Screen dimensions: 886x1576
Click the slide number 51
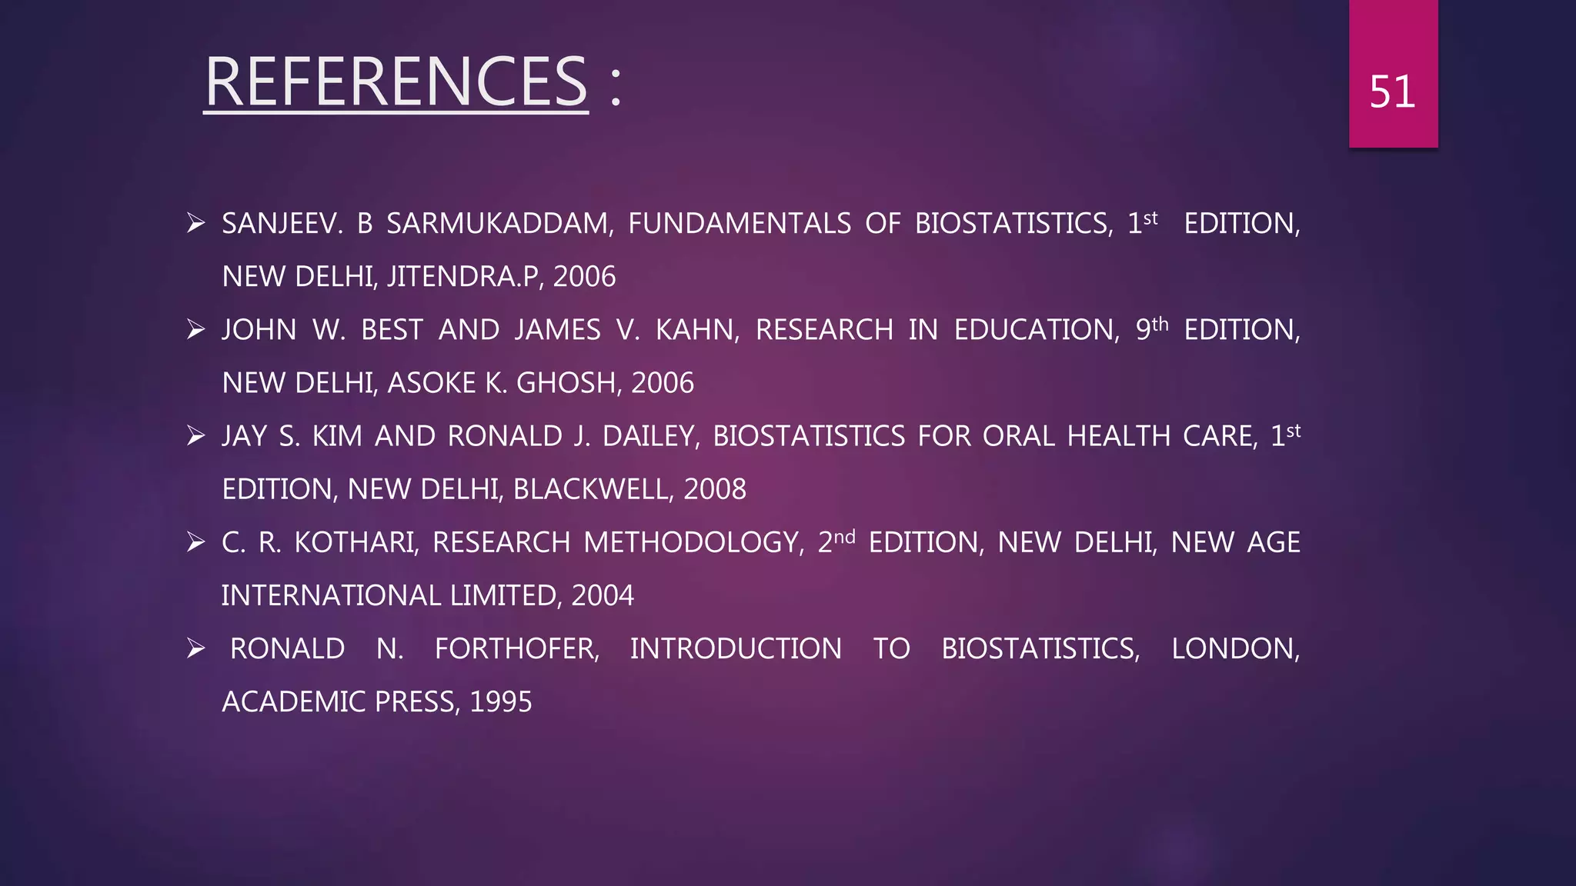[x=1392, y=92]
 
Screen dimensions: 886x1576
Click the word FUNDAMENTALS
[x=739, y=224]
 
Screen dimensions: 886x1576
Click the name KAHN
[x=696, y=330]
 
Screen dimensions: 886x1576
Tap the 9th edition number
[x=1152, y=328]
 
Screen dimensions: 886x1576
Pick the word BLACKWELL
[x=590, y=489]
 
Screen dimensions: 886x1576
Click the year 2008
[x=715, y=489]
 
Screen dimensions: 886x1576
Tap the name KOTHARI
[x=356, y=543]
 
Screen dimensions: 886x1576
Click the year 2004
[x=603, y=596]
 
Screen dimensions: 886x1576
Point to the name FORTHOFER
[x=516, y=649]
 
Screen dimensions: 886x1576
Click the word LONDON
[x=1235, y=649]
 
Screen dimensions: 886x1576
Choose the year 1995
[x=501, y=702]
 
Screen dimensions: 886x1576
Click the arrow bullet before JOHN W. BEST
[x=195, y=330]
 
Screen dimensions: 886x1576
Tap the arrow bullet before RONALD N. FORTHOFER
[x=195, y=649]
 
